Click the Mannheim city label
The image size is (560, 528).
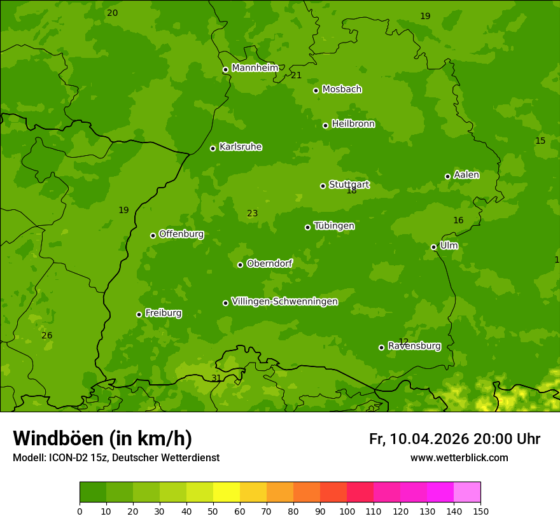click(255, 68)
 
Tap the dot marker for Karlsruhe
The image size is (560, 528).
click(213, 148)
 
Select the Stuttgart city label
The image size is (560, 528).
click(349, 185)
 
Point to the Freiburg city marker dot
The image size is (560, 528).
click(139, 314)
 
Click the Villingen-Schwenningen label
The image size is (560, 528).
click(284, 302)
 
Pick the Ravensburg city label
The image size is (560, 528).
click(414, 346)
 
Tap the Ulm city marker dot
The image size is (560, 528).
click(433, 247)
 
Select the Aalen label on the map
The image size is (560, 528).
click(466, 175)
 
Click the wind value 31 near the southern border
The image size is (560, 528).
click(216, 378)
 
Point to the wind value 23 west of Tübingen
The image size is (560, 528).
click(252, 214)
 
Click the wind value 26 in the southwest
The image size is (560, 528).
click(47, 335)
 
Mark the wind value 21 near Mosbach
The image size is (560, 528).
click(296, 76)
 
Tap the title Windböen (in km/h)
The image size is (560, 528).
click(102, 438)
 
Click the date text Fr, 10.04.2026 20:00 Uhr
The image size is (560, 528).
click(454, 439)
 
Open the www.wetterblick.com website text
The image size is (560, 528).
click(459, 458)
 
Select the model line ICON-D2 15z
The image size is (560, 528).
click(116, 458)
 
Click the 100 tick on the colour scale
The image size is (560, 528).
click(347, 510)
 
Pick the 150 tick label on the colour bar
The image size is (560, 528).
click(480, 510)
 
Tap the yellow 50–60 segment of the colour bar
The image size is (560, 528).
click(227, 492)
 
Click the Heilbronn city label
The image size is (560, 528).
click(353, 124)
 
